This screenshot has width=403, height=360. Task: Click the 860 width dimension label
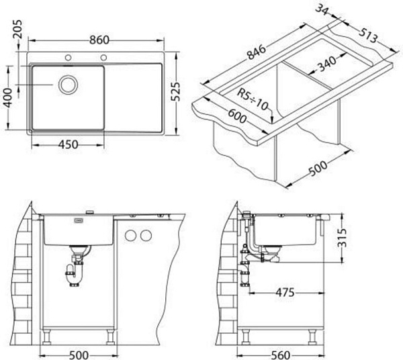click(99, 40)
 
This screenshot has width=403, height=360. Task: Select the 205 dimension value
click(18, 30)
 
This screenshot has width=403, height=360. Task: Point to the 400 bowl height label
click(8, 97)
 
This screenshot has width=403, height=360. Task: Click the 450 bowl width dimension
click(68, 144)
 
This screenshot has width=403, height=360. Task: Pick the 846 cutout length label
click(257, 52)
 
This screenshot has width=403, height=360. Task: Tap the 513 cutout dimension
click(368, 36)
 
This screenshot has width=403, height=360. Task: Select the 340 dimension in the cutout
click(327, 64)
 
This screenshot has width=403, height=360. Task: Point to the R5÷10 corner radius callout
click(253, 99)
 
